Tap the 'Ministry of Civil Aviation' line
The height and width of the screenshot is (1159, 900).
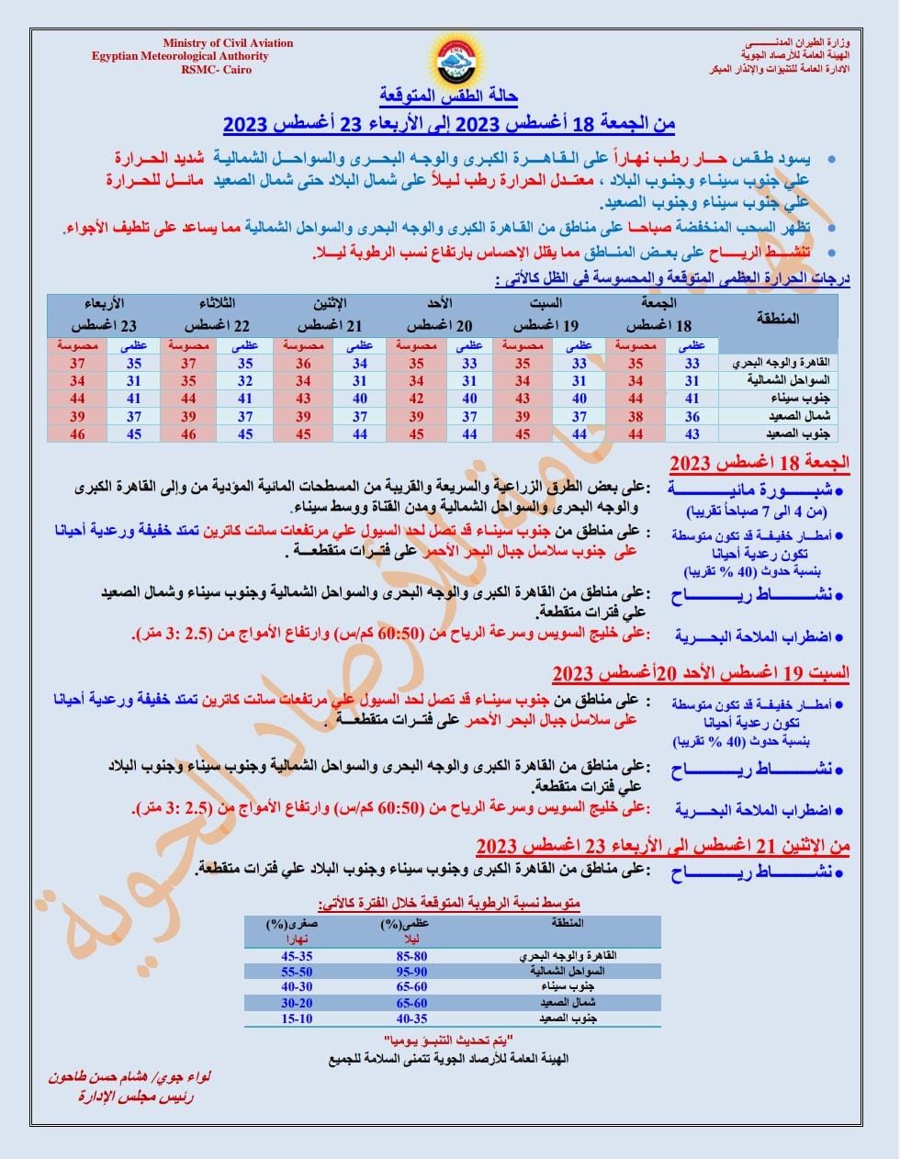[228, 43]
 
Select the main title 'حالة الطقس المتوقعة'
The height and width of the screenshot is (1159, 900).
[449, 96]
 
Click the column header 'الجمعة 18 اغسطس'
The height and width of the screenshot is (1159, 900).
[658, 315]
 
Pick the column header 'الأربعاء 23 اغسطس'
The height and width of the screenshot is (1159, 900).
[104, 315]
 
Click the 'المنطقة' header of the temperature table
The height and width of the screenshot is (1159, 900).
[778, 319]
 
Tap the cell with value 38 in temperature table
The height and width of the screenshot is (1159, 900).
[635, 416]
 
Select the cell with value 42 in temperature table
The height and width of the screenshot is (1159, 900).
[416, 399]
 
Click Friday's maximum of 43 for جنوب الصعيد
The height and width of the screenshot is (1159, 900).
[692, 433]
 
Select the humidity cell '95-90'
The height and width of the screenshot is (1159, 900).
[411, 972]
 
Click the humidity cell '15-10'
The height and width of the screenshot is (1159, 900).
[297, 1018]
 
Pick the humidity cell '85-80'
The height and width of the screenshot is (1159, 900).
[411, 956]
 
